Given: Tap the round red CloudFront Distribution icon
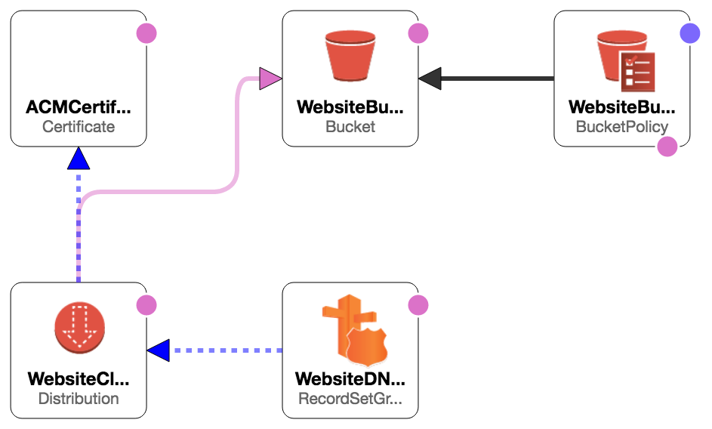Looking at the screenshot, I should point(79,329).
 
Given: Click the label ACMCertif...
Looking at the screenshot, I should point(79,107).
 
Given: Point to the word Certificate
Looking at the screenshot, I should point(79,127).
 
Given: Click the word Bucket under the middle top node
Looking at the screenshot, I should point(350,127).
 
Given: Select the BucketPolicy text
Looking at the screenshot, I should point(622,127).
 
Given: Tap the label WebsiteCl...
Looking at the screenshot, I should point(79,379).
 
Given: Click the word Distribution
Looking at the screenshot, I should point(79,398).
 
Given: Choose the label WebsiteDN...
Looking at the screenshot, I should point(350,379).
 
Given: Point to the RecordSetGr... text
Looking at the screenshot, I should point(350,398).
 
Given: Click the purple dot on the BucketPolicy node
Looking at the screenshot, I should point(689,33).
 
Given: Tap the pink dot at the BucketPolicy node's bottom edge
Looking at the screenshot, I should point(667,146).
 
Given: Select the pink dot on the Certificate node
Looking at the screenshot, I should point(146,33).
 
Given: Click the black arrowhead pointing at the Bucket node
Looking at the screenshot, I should point(430,78).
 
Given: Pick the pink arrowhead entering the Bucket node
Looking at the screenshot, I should point(270,78).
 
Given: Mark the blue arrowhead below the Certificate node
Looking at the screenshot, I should point(79,158).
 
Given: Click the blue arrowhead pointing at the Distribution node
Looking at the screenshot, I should point(159,350).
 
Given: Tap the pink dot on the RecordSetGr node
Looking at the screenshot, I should point(418,305).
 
